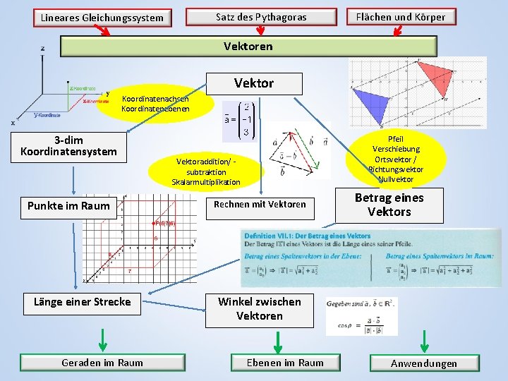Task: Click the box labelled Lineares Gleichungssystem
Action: point(102,17)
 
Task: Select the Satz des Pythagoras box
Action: point(261,17)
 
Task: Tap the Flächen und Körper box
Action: point(400,16)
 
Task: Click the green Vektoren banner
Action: point(248,47)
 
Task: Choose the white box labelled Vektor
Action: point(254,83)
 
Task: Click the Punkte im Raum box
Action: point(68,206)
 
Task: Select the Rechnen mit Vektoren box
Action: point(259,205)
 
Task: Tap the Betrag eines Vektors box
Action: point(389,205)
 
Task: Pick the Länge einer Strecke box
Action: point(82,302)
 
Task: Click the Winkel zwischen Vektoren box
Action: point(259,309)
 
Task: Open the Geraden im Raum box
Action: point(102,363)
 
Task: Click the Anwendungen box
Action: point(424,363)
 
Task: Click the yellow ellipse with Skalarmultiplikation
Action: point(206,172)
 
